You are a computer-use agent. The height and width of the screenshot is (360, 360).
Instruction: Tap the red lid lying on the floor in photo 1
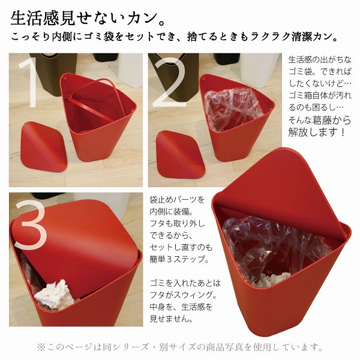pos(43,146)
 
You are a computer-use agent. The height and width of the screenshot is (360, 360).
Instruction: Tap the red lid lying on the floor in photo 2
pos(180,155)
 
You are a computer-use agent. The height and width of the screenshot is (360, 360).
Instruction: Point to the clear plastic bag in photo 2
pos(233,109)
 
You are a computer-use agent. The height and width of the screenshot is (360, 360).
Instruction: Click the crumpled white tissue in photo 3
pos(55,295)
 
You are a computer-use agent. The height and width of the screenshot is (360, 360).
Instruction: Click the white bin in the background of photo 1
pos(130,69)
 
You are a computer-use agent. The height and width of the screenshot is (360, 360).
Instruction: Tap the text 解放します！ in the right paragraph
pos(317,132)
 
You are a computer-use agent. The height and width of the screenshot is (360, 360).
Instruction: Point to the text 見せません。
pos(171,319)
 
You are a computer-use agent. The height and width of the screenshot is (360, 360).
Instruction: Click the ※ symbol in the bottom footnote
pos(41,347)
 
